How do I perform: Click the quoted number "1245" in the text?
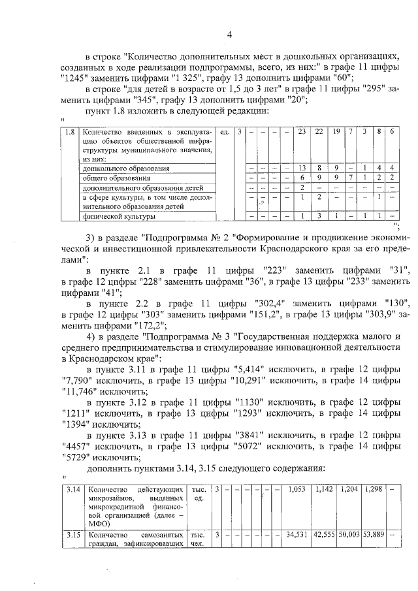(74, 76)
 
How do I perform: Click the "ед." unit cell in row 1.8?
(223, 133)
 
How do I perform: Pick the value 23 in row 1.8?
(302, 133)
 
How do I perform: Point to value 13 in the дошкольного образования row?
(302, 168)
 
